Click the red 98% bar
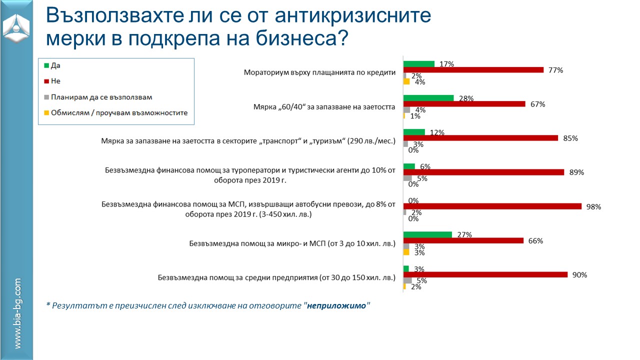(492, 206)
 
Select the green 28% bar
(428, 98)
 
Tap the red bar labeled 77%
(473, 70)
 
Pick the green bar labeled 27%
(427, 234)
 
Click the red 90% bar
(485, 274)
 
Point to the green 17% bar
(419, 64)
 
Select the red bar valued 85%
(480, 138)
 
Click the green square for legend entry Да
(47, 65)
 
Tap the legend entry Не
(55, 81)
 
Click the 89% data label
(577, 172)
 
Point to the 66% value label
(535, 240)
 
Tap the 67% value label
(538, 104)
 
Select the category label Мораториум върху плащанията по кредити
(319, 72)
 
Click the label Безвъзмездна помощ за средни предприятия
(276, 277)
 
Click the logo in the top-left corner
(16, 27)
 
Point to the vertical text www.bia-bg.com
(17, 313)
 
